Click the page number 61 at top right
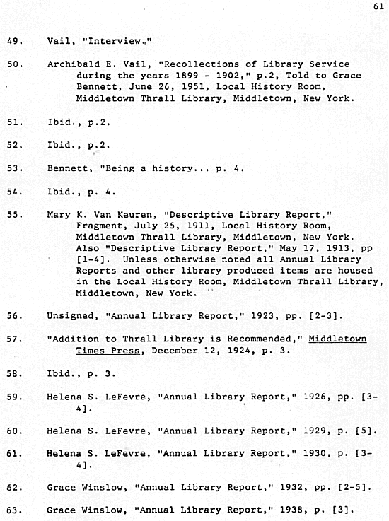tap(376, 6)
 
